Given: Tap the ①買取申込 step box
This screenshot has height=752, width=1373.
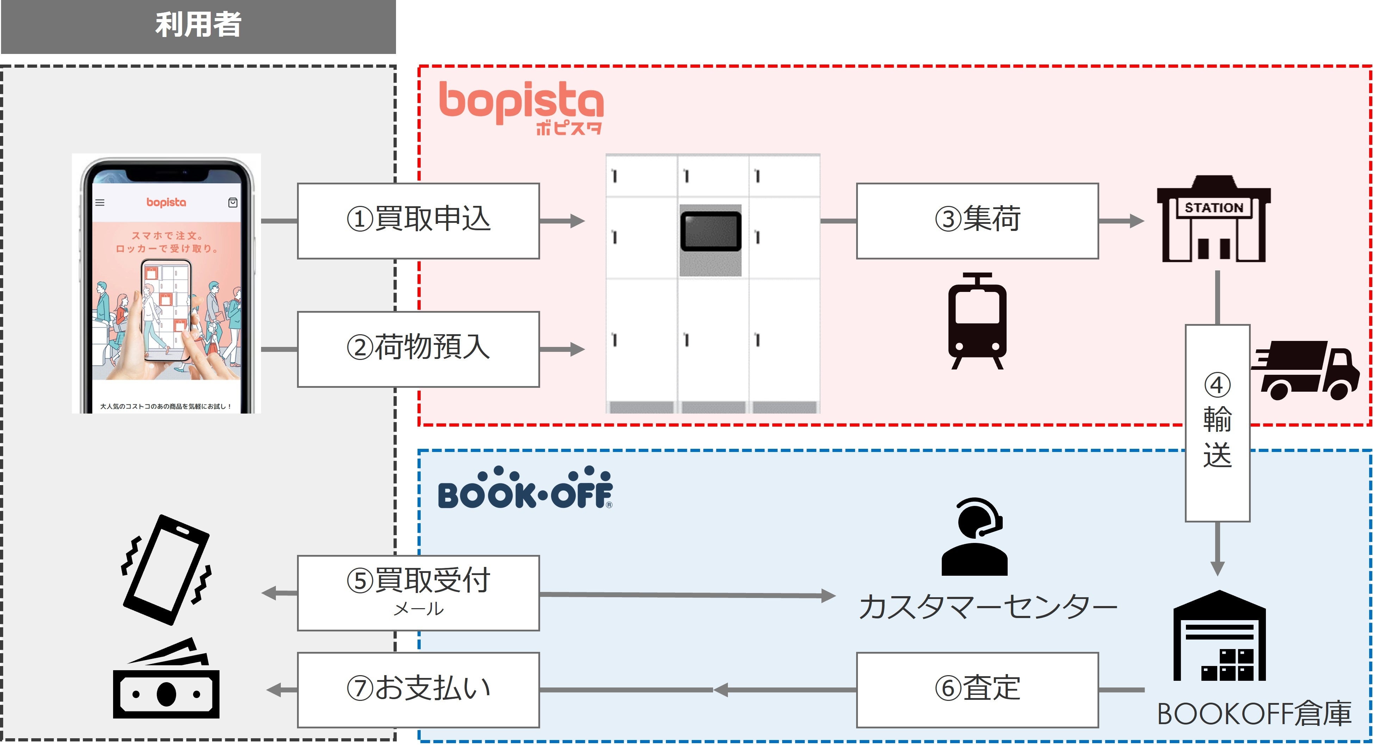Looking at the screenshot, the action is click(419, 221).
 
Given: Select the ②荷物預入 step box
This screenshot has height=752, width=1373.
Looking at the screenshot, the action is click(419, 349).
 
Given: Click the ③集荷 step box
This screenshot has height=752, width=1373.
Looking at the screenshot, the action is click(977, 221).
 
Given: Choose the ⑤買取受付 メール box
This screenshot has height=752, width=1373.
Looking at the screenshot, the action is click(419, 593).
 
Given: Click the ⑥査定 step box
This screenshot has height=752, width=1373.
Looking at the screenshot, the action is click(977, 690).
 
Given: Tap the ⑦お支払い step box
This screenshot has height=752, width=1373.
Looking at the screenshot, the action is click(419, 690).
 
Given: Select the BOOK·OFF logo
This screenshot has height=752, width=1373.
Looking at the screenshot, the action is click(525, 488).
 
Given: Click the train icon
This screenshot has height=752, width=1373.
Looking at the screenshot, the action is click(977, 320).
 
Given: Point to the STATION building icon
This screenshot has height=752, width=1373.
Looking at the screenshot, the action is click(1214, 218).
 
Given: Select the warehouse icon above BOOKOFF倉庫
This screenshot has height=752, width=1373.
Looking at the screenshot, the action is click(1219, 635).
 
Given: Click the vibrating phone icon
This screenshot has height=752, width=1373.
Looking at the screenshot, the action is click(166, 570).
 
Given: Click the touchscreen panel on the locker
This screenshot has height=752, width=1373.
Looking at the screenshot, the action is click(711, 231).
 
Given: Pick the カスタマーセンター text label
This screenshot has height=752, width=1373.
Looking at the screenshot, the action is click(988, 607).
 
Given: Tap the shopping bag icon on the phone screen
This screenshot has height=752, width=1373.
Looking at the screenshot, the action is click(233, 203).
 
